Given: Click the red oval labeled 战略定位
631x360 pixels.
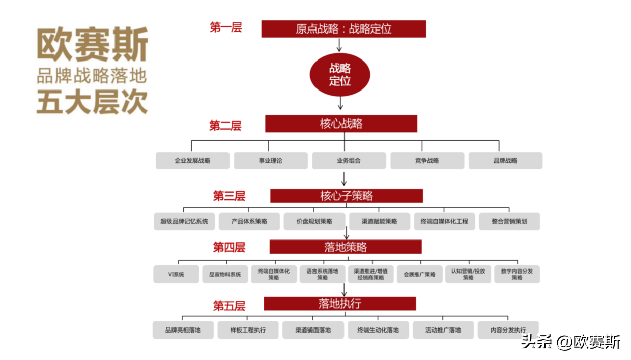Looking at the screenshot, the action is (340, 74).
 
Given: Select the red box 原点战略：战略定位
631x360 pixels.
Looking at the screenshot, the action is (343, 29).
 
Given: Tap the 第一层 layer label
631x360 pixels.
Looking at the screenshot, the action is (225, 27).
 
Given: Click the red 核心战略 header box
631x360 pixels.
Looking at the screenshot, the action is (341, 124).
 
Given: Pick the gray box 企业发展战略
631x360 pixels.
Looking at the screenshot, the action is (192, 161).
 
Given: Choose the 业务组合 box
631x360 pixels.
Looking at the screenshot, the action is (349, 161).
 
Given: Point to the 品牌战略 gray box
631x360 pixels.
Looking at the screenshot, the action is (505, 161).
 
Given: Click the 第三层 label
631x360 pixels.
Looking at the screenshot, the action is (229, 196).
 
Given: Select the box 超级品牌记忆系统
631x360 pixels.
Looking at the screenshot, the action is (184, 222).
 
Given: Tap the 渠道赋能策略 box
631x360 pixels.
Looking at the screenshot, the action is (379, 222).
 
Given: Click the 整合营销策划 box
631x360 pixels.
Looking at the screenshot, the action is (509, 222).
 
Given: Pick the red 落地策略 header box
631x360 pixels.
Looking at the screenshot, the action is (346, 247).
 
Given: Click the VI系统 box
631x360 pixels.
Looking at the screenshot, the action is (176, 275).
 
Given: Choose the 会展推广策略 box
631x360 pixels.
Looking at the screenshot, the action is (419, 275).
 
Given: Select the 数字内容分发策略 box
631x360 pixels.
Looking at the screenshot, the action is (517, 275).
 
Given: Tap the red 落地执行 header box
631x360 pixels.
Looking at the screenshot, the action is (339, 304).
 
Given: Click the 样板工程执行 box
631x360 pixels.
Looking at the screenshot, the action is (248, 330).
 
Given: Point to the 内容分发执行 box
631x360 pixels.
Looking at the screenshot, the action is (508, 330).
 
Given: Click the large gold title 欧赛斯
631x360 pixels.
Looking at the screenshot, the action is (92, 45).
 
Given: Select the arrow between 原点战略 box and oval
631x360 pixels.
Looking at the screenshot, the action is (339, 45).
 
